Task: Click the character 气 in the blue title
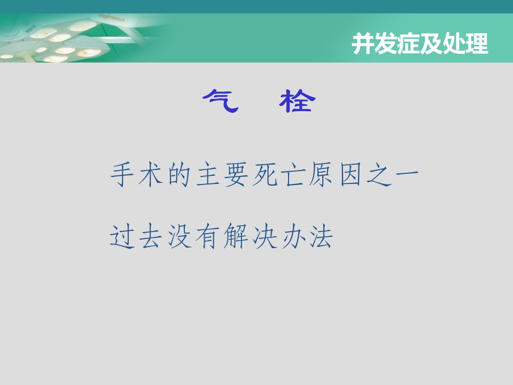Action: coord(221,101)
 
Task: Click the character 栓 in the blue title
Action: coord(297,101)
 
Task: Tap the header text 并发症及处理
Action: coord(420,43)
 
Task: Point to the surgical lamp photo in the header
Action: coord(82,38)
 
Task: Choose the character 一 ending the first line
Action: coord(407,173)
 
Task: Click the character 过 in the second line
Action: coord(122,236)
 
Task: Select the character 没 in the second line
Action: coord(180,236)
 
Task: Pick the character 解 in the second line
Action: coord(236,236)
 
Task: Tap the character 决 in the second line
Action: coord(265,236)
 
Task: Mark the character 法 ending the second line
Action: coord(322,236)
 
